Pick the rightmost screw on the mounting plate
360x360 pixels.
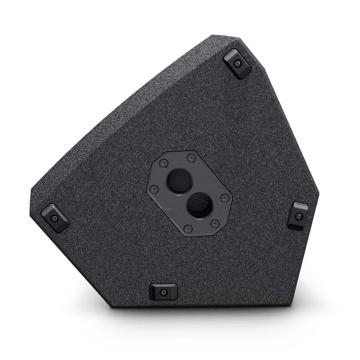[225, 198]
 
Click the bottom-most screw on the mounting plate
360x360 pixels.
[188, 229]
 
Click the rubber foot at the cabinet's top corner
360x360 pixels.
[237, 64]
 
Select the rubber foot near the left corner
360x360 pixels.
[55, 218]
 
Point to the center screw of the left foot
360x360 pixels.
[54, 219]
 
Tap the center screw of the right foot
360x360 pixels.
[298, 216]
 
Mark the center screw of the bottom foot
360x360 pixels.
[163, 292]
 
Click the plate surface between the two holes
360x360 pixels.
[189, 193]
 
